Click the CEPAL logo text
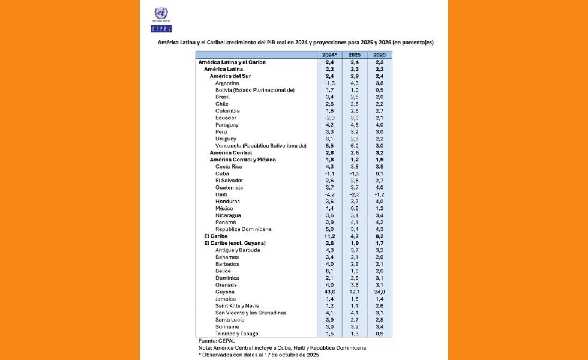click(161, 28)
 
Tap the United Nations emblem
click(161, 13)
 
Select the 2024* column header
click(329, 55)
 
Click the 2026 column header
click(379, 55)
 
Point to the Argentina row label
click(227, 83)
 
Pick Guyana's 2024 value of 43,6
click(329, 292)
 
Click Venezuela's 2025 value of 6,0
click(355, 146)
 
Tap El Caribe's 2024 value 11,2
click(329, 236)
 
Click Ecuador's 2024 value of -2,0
click(329, 118)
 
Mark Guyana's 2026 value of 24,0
click(379, 292)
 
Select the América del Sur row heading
click(235, 76)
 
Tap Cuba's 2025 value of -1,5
click(355, 173)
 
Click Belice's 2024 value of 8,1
click(329, 271)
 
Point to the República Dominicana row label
click(244, 229)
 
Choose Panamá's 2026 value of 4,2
click(379, 222)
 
